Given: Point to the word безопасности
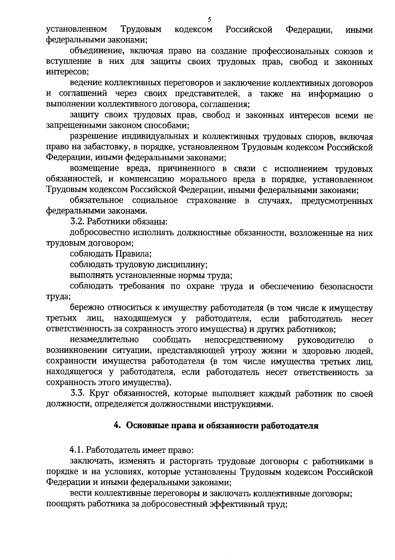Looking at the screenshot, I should pyautogui.click(x=347, y=286).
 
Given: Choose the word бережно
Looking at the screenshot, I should pyautogui.click(x=86, y=308).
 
